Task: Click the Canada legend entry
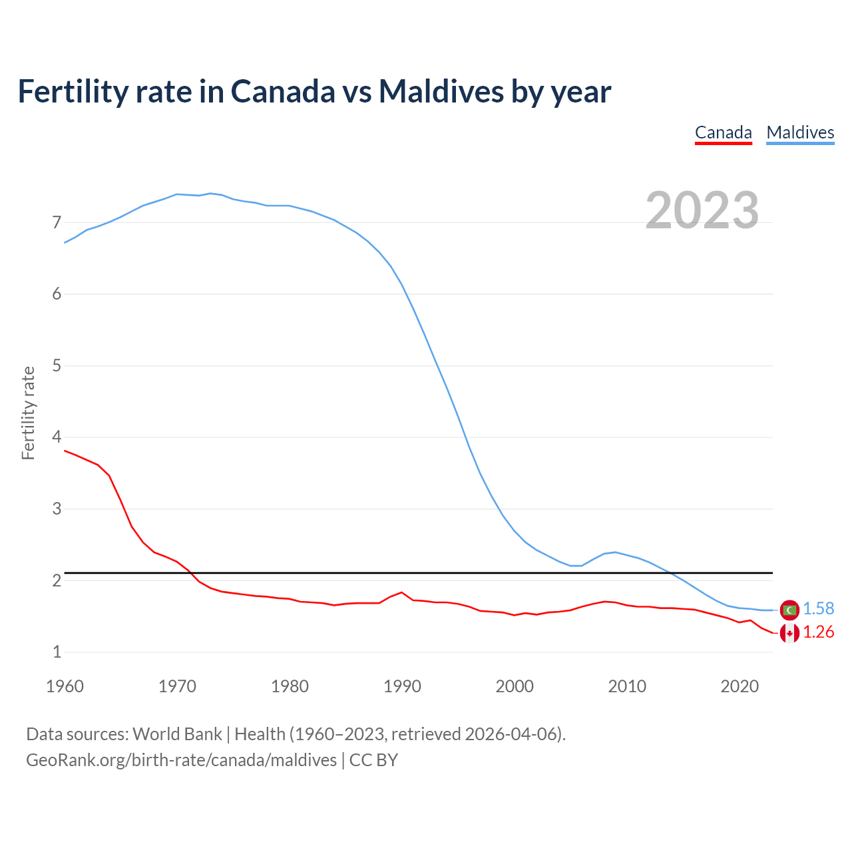(723, 132)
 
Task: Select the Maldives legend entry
(800, 132)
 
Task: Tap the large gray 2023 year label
(702, 210)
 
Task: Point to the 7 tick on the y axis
(57, 222)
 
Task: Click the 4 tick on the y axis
(57, 437)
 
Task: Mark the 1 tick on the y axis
(57, 652)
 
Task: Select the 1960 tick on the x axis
(65, 686)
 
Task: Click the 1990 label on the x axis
(402, 686)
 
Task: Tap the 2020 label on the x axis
(740, 686)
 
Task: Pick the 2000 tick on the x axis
(515, 686)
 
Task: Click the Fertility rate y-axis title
(28, 413)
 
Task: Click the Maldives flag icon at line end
(789, 610)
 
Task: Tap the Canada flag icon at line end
(789, 633)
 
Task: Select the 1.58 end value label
(818, 609)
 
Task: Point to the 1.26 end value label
(818, 632)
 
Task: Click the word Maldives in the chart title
(441, 92)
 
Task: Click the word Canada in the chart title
(283, 92)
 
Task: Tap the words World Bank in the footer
(177, 734)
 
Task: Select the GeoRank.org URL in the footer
(181, 760)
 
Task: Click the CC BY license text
(373, 760)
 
